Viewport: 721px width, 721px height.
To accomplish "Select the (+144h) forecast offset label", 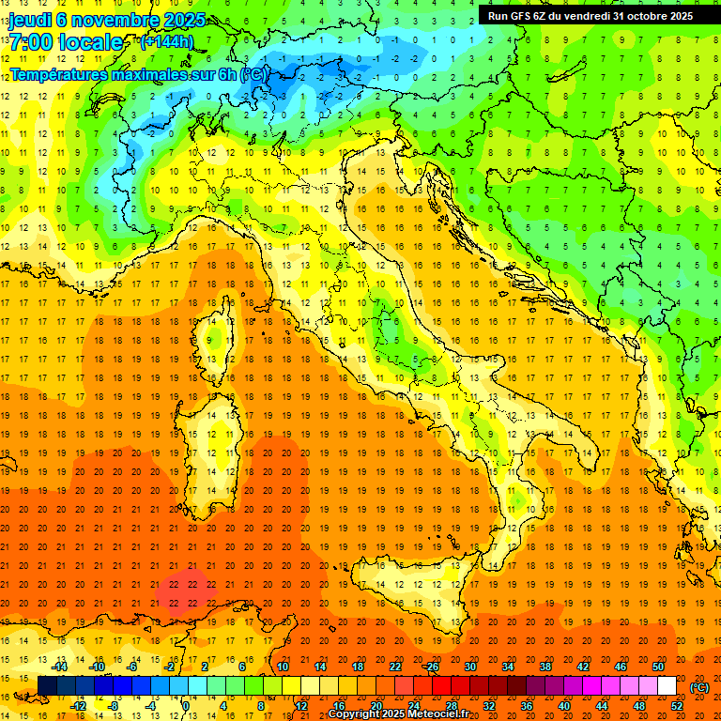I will point(166,41).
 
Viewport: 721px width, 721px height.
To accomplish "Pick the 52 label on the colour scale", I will point(677,706).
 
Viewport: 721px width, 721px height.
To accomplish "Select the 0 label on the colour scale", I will point(185,706).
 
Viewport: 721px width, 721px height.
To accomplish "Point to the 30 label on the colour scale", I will point(469,666).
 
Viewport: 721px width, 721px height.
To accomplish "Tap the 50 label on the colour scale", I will point(658,666).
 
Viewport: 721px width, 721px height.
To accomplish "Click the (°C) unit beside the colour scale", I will point(699,686).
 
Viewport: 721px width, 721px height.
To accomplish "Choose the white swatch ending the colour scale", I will point(667,686).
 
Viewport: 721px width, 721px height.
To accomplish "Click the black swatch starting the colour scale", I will point(47,686).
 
